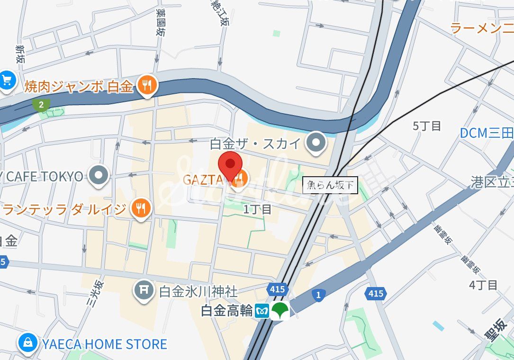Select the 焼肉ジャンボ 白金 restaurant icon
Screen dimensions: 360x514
pos(147,85)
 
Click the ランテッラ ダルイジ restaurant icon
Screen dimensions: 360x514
pos(140,207)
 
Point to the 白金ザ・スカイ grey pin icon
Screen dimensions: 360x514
pos(315,143)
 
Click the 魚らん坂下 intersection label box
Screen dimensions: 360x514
pos(330,185)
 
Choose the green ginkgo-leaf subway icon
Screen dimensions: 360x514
pos(280,311)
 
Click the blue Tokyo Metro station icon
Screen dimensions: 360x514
pos(262,311)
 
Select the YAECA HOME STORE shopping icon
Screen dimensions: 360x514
pos(28,342)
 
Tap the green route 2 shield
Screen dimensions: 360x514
pos(42,105)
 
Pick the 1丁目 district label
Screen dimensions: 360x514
pos(257,209)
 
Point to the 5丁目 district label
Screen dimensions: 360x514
pos(427,126)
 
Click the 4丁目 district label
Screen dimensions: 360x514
pos(483,285)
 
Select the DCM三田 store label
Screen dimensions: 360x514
pos(486,133)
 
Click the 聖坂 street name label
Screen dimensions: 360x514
pos(495,330)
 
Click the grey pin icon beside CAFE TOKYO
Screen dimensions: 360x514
pos(99,176)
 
